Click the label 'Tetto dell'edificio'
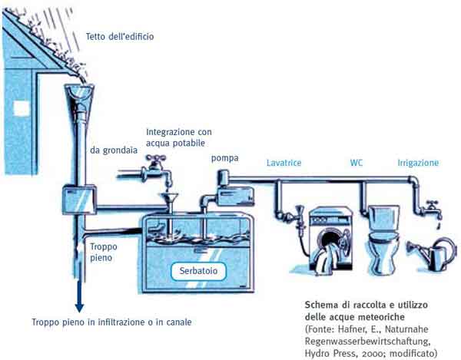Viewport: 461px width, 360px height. coord(126,36)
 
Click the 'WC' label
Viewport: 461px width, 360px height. coord(357,163)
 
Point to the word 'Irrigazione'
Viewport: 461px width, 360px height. coord(418,163)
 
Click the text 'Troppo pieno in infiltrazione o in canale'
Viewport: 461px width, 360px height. coord(111,322)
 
